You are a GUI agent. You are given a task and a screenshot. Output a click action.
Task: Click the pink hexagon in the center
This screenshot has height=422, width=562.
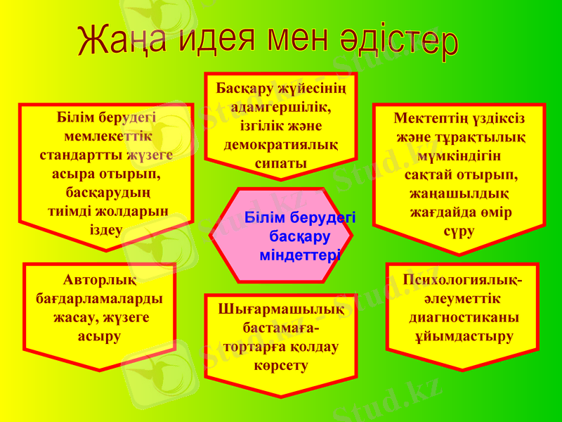click(281, 236)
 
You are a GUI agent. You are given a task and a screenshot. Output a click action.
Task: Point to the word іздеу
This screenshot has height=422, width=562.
click(107, 229)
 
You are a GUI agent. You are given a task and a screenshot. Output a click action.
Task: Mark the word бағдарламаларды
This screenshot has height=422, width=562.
click(100, 299)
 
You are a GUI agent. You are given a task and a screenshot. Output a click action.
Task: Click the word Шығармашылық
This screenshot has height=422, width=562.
click(281, 309)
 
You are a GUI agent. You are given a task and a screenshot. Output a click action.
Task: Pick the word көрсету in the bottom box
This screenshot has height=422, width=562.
click(281, 365)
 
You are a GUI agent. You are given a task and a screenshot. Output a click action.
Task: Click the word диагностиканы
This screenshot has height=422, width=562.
click(464, 317)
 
